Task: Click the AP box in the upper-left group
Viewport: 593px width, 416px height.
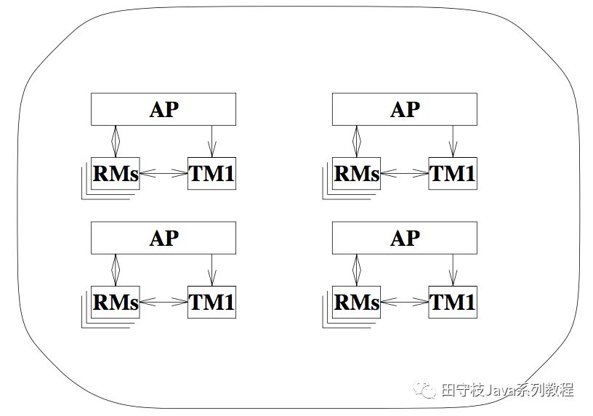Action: click(164, 109)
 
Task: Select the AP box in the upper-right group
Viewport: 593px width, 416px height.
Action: click(405, 109)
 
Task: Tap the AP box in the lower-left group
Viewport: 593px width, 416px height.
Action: click(164, 238)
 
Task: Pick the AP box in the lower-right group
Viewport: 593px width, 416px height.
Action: click(405, 238)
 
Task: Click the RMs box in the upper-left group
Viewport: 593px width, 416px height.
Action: click(115, 174)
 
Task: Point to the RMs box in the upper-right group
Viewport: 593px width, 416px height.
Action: click(356, 174)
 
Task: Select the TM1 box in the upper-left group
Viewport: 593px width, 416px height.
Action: click(211, 174)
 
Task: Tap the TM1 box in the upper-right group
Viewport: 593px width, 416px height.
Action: click(453, 174)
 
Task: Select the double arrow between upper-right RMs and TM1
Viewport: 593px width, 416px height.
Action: click(404, 174)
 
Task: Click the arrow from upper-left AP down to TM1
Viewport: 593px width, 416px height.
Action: click(211, 140)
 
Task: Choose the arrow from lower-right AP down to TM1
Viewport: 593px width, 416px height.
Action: click(453, 269)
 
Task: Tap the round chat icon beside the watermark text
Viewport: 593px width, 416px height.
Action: click(426, 391)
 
